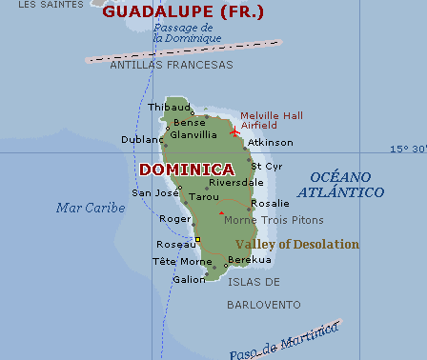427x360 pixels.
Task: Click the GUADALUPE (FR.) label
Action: (183, 12)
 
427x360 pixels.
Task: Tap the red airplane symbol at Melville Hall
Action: (234, 130)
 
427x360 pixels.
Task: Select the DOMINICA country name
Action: (187, 169)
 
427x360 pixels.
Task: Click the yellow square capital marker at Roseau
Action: (197, 239)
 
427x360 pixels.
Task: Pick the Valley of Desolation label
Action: (297, 245)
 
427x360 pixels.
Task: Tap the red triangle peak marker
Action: (220, 212)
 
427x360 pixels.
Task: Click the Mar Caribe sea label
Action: (91, 208)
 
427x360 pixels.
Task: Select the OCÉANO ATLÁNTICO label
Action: (340, 185)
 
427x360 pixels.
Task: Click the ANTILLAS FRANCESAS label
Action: (171, 65)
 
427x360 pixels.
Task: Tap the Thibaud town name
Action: (170, 108)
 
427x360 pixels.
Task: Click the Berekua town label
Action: (250, 259)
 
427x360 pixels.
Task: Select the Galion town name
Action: (189, 279)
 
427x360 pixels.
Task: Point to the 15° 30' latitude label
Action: (407, 149)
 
